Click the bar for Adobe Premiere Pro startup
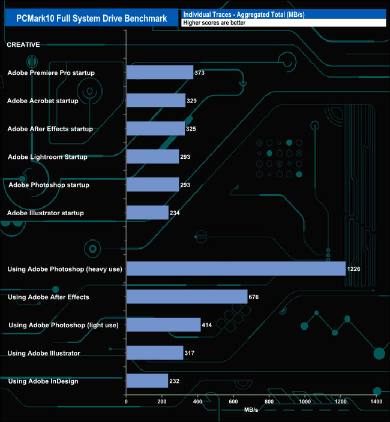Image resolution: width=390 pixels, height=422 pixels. point(160,73)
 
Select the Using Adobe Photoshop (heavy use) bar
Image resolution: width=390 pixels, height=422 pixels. point(236,269)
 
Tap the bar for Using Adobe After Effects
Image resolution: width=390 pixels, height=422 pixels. point(187,297)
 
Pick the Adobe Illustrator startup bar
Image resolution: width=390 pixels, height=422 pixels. point(147,213)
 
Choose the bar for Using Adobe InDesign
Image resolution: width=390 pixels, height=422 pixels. point(147,381)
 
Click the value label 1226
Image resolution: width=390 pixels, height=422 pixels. point(354,269)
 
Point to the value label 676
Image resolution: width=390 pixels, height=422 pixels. point(253,297)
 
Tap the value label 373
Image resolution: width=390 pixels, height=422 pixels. point(200,73)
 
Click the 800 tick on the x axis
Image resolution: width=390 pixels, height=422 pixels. point(269,402)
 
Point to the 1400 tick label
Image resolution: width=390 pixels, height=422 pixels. point(377,402)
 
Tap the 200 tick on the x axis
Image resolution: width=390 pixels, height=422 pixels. point(161,402)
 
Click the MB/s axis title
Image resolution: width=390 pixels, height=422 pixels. point(251,410)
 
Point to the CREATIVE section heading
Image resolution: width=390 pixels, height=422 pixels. point(23,44)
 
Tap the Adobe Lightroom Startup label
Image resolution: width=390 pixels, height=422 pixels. point(47,157)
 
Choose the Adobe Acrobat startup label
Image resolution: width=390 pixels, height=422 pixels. point(43,101)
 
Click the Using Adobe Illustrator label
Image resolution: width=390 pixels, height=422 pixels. point(44,353)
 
